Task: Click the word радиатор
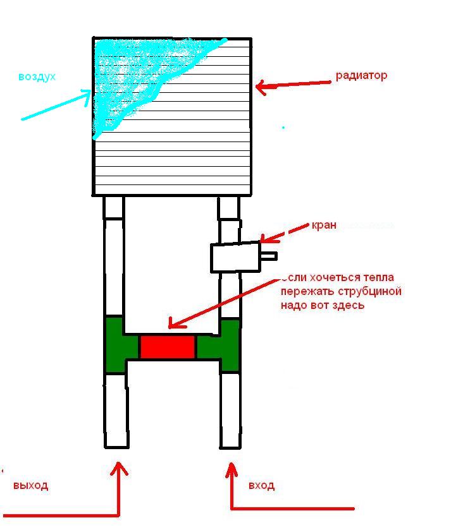tap(361, 75)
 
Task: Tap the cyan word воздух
tap(37, 76)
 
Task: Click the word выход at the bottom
tap(30, 485)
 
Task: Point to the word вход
tap(261, 485)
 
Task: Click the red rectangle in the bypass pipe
tap(168, 347)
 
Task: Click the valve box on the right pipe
tap(235, 257)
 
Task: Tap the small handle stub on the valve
tap(269, 256)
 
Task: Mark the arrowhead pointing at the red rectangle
tap(173, 325)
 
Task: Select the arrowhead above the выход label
tap(118, 468)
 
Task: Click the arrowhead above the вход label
tap(232, 468)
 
